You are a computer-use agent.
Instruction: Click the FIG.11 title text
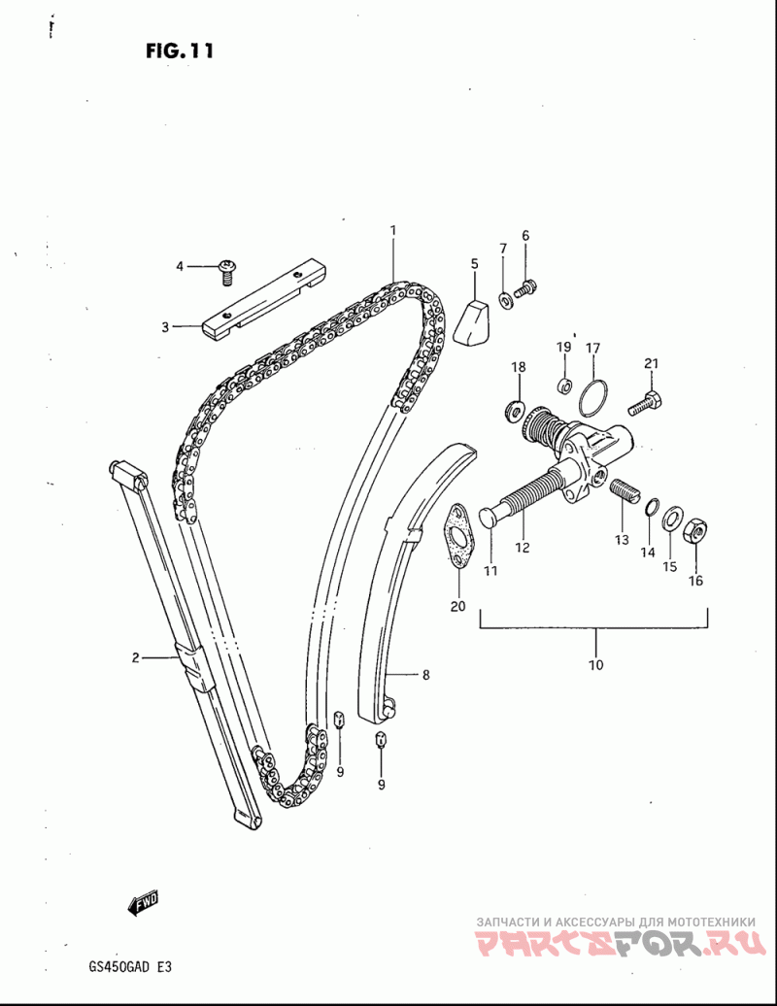[x=180, y=50]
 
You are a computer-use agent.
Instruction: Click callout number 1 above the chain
[x=393, y=230]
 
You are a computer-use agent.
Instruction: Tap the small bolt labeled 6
[x=526, y=287]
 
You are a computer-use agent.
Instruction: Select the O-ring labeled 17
[x=593, y=396]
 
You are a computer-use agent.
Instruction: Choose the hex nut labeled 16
[x=696, y=531]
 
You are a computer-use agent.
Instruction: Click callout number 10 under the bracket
[x=595, y=665]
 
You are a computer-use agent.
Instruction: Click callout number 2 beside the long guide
[x=136, y=658]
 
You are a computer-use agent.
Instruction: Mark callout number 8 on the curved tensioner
[x=425, y=673]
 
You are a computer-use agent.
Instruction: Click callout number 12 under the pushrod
[x=523, y=548]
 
